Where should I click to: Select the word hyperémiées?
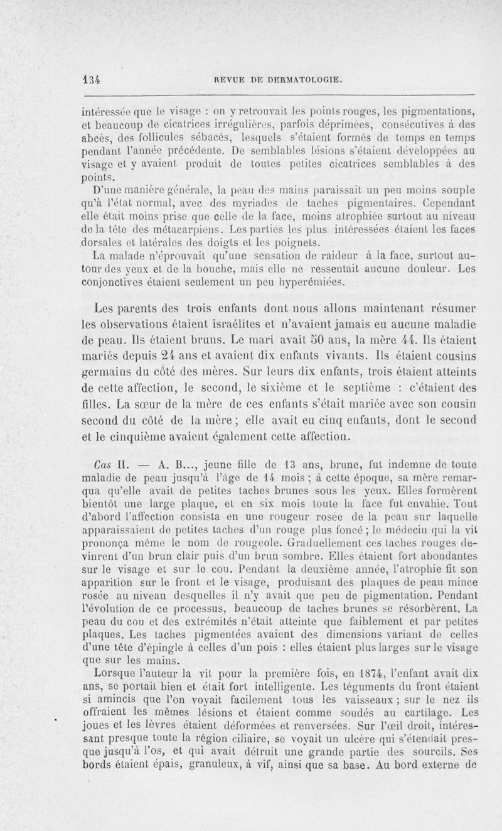pyautogui.click(x=311, y=281)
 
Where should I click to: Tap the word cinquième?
pyautogui.click(x=137, y=435)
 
